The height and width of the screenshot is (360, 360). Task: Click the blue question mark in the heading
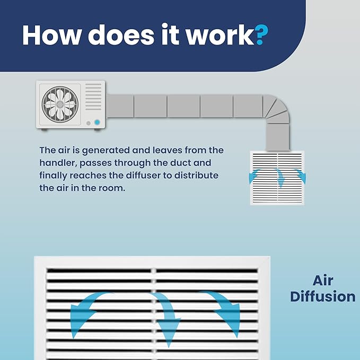(261, 34)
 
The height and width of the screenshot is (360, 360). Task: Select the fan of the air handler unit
(60, 104)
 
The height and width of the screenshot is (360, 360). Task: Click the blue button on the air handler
(97, 122)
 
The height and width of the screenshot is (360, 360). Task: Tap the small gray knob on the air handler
(89, 124)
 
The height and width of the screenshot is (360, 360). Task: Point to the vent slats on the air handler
(93, 96)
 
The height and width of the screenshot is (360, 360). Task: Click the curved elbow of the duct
(277, 108)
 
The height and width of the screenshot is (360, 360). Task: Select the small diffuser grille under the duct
(277, 178)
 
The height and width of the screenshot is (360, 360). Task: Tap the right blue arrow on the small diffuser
(301, 177)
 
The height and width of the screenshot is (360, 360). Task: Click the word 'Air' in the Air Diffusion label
(323, 280)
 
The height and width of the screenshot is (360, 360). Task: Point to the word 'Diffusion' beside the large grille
(323, 296)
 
